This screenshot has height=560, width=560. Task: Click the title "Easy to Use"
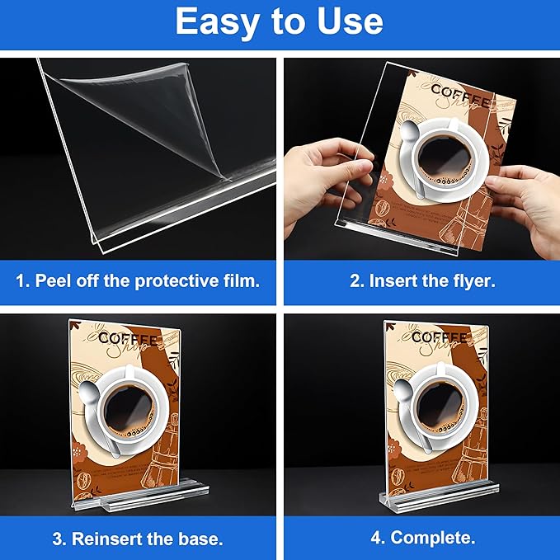pyautogui.click(x=279, y=23)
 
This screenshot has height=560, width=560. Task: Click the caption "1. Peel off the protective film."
pyautogui.click(x=139, y=280)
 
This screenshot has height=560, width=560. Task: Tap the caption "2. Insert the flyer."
pyautogui.click(x=422, y=280)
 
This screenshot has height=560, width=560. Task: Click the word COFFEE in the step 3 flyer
pyautogui.click(x=128, y=337)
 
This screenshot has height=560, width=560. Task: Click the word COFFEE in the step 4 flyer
pyautogui.click(x=440, y=337)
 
